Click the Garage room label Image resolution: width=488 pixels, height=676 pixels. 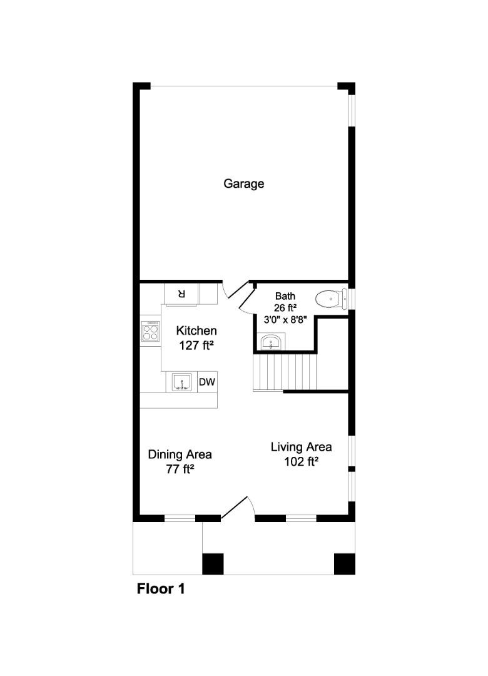click(244, 184)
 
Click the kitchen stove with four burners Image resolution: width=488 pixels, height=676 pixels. click(151, 330)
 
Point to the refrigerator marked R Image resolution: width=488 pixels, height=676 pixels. click(181, 293)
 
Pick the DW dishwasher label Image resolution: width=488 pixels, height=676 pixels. click(206, 382)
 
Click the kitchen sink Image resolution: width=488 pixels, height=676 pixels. click(182, 382)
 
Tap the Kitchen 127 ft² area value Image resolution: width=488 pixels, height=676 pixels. click(196, 345)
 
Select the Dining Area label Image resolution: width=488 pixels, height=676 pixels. click(180, 454)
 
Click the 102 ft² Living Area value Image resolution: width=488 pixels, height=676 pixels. click(301, 463)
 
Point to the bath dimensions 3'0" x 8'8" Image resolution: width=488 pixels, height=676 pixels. click(285, 319)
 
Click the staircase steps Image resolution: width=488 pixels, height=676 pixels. click(285, 372)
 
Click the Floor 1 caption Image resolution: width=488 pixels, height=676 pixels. click(161, 589)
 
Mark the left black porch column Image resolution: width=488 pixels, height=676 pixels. click(213, 563)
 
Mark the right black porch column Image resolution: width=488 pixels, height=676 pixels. click(344, 563)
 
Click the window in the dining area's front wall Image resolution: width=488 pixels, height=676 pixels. click(180, 518)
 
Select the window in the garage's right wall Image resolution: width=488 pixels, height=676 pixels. click(352, 113)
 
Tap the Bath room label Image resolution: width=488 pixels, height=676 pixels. click(285, 296)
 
